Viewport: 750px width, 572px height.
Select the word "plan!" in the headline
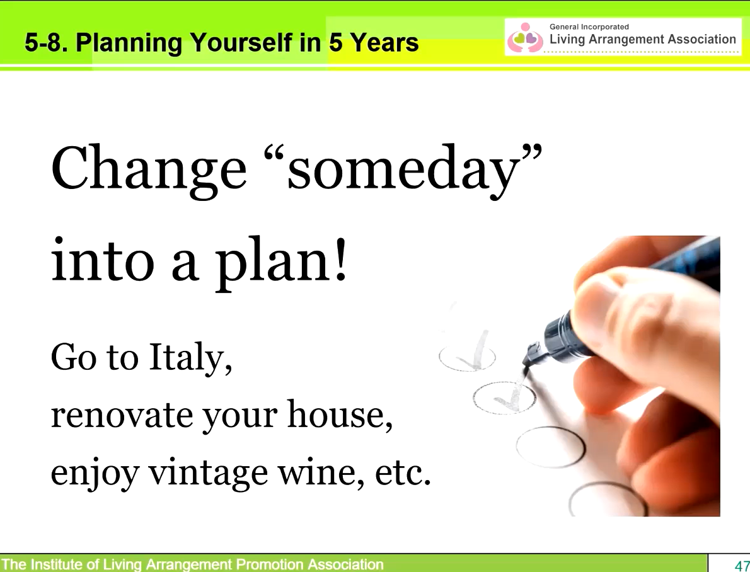click(x=280, y=261)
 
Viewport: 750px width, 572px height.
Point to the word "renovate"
click(x=122, y=415)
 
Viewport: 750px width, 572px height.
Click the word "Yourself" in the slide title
click(x=241, y=43)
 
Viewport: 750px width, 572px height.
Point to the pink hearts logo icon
click(x=525, y=38)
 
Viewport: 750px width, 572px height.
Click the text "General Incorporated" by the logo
click(x=589, y=27)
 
